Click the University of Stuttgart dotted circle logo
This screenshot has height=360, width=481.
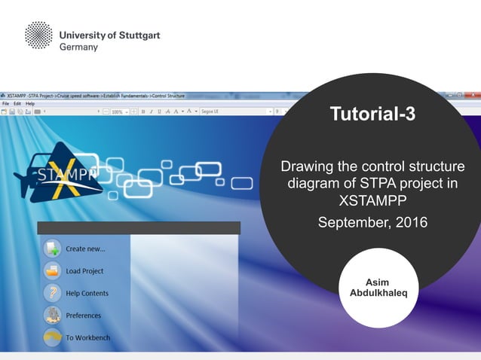(38, 36)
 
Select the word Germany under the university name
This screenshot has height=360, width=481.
(78, 47)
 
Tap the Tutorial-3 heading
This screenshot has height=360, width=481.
(372, 114)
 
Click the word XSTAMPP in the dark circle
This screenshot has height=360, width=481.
(372, 201)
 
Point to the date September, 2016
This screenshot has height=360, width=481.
(372, 222)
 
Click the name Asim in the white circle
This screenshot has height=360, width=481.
(377, 282)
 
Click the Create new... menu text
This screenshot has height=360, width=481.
(85, 249)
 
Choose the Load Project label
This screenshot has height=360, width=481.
(84, 271)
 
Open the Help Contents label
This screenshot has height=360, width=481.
(87, 293)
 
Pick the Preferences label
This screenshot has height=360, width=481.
(83, 316)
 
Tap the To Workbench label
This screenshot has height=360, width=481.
(87, 337)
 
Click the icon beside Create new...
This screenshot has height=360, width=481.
(52, 248)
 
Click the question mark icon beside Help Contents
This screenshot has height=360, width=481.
(52, 293)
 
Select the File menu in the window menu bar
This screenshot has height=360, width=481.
(5, 103)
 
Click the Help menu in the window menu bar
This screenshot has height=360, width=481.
(30, 103)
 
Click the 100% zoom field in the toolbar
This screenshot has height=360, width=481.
(118, 111)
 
